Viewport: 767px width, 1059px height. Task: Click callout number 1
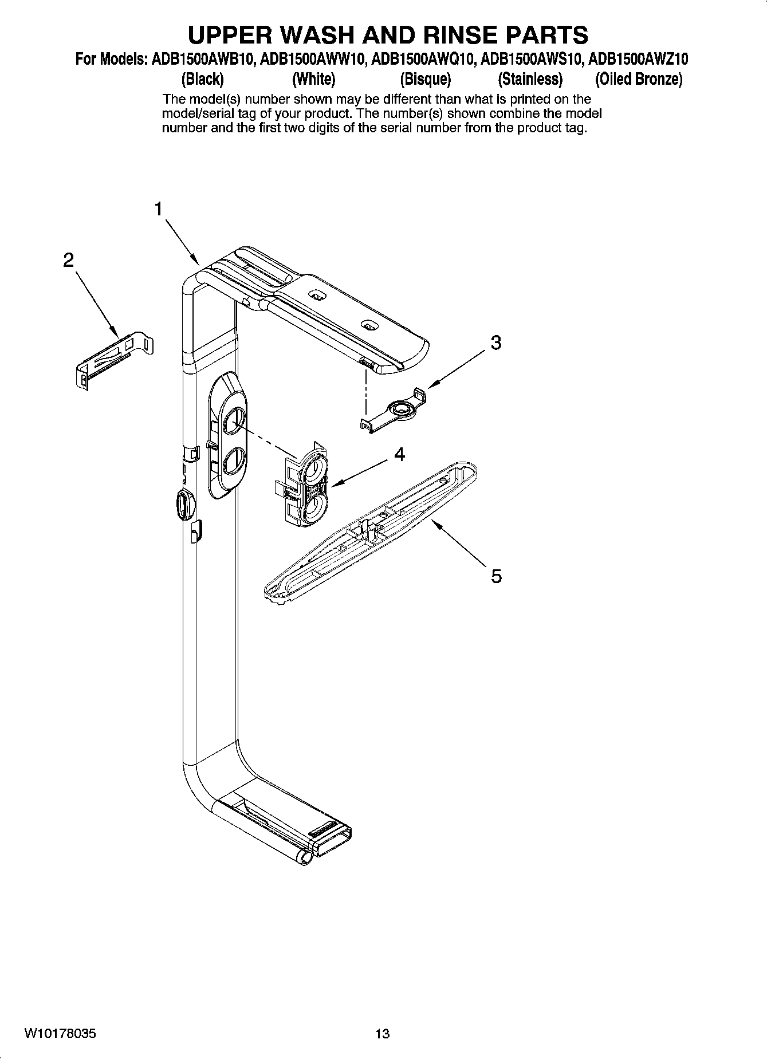point(159,210)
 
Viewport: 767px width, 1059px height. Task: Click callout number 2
point(68,261)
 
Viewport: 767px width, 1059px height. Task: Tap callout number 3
point(496,342)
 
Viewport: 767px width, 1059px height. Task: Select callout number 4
point(399,455)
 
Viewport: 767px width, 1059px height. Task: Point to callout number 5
point(496,575)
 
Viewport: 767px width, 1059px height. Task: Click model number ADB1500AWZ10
point(639,59)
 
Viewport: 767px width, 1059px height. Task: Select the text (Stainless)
point(530,78)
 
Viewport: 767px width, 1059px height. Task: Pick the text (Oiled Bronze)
point(639,78)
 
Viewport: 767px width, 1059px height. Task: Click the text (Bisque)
point(425,78)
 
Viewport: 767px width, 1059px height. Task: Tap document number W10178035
point(60,1034)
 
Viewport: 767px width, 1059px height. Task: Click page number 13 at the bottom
point(382,1034)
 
